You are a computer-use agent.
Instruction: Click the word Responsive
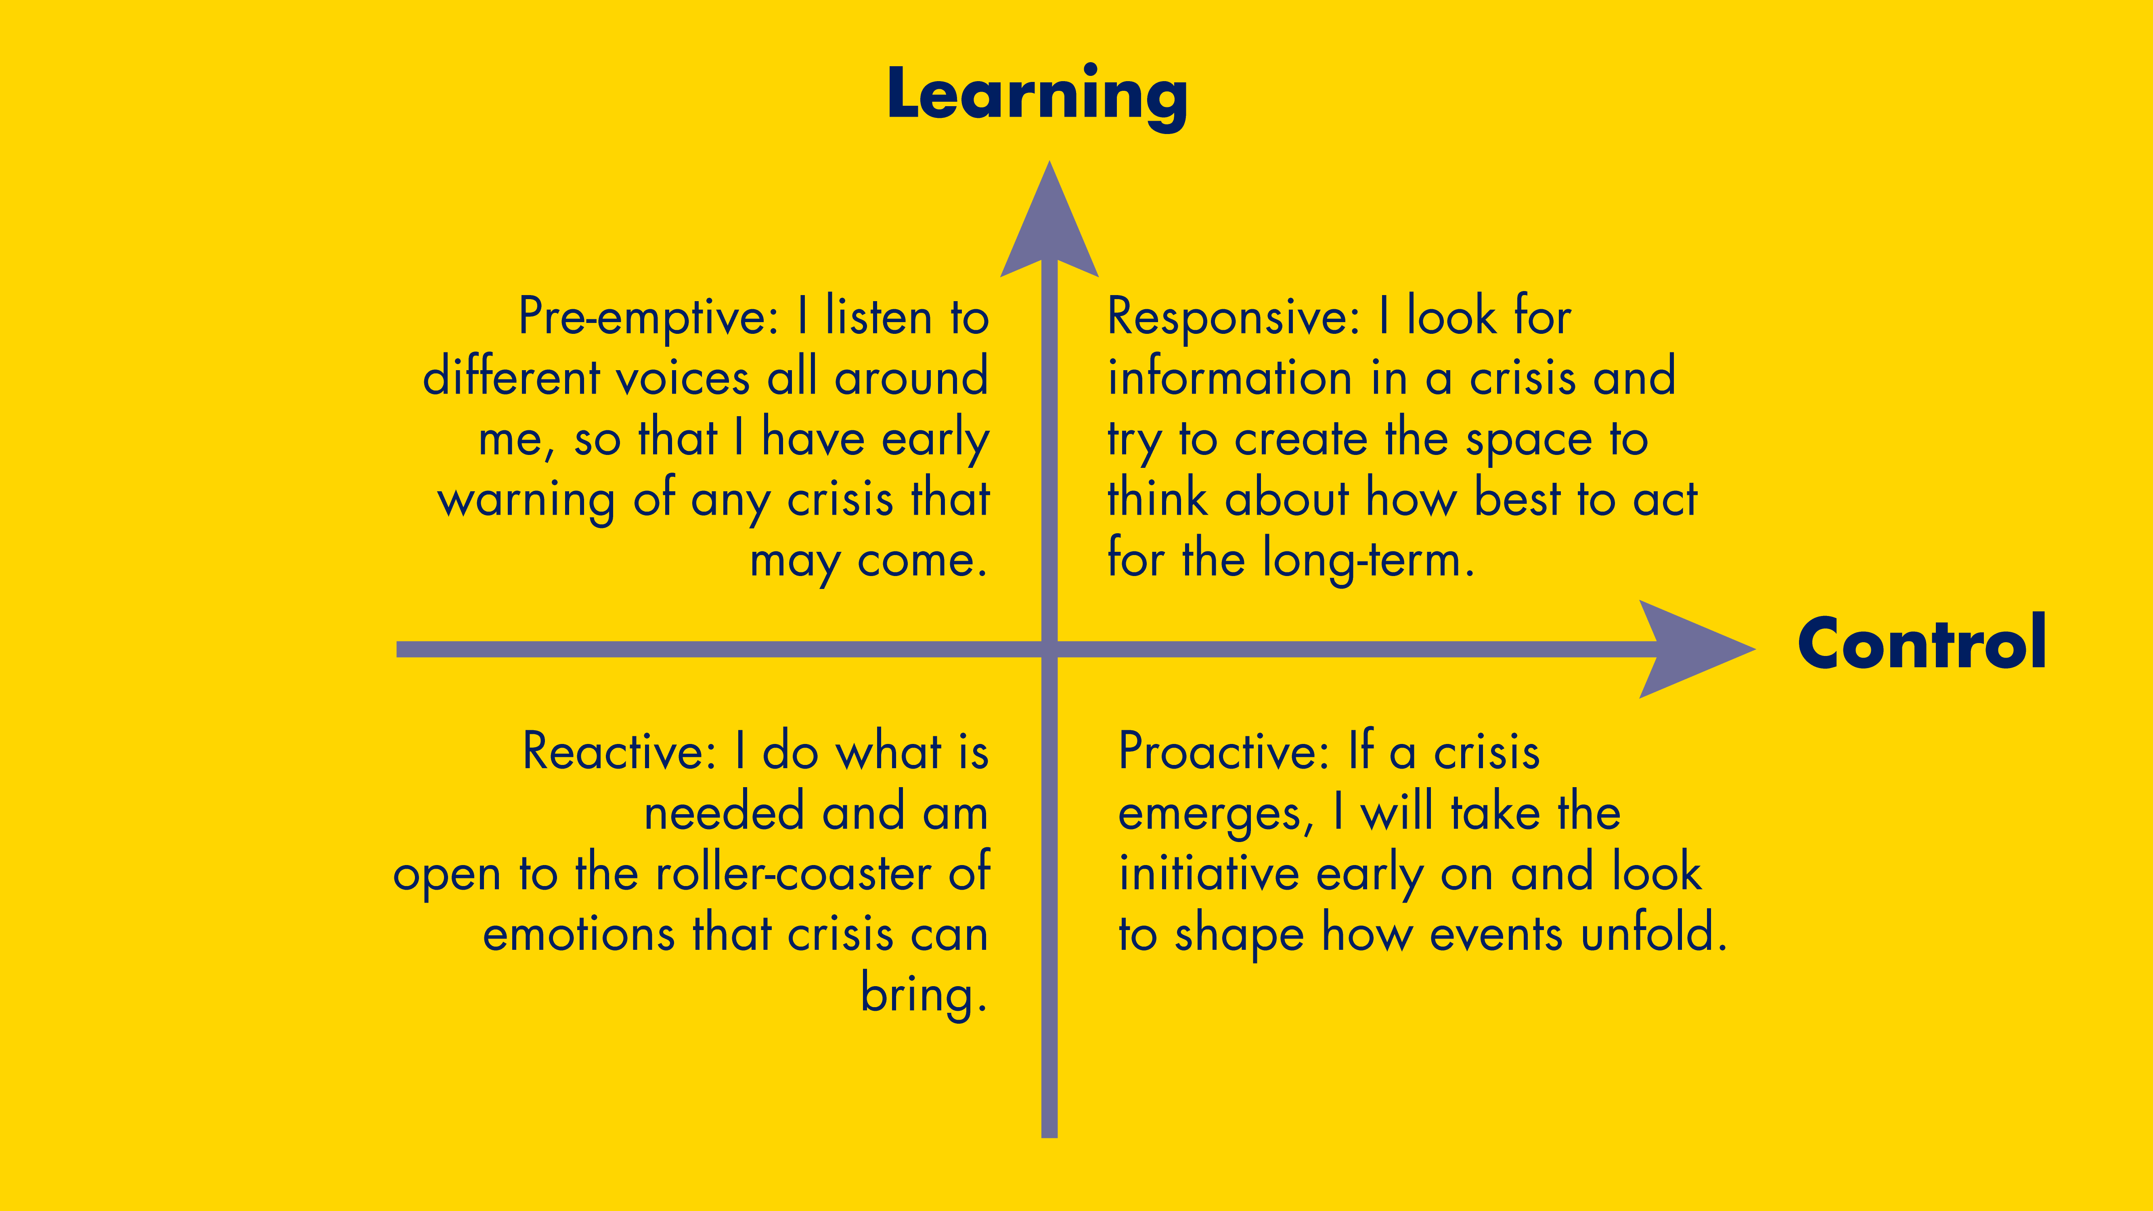1232,318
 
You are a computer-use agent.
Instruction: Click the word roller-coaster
792,874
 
